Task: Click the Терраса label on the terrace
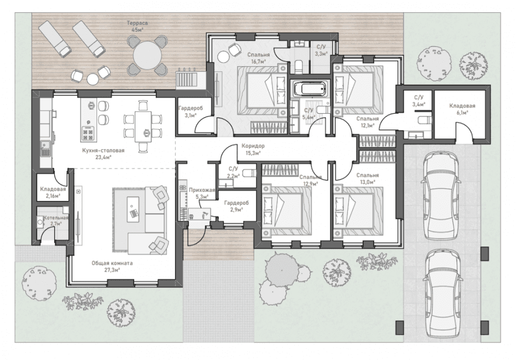point(137,23)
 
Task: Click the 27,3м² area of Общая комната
point(112,270)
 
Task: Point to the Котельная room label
point(55,218)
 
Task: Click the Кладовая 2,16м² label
point(53,192)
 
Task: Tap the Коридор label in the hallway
point(253,146)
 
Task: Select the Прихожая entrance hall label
point(202,190)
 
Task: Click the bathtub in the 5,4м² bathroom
point(310,89)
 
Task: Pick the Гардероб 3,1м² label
point(190,112)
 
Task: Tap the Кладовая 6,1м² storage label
point(462,109)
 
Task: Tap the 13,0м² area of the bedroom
point(367,181)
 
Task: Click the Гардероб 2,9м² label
point(236,206)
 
